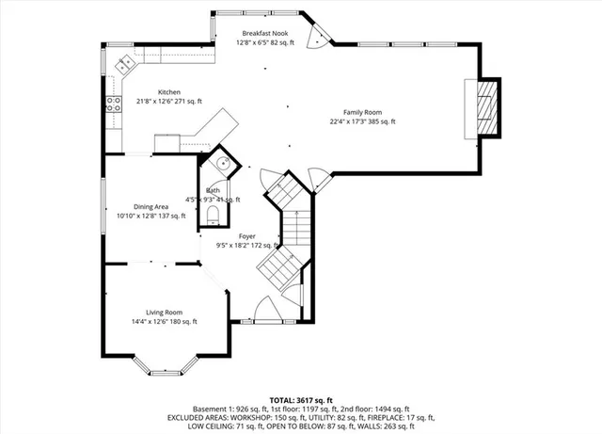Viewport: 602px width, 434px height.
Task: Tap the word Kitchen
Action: [156, 92]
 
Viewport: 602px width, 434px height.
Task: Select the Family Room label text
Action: [362, 111]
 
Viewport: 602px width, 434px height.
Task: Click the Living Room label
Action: [164, 312]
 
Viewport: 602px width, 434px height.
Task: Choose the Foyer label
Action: [246, 236]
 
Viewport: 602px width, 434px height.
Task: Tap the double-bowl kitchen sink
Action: [125, 65]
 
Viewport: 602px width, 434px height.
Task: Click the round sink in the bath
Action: [222, 163]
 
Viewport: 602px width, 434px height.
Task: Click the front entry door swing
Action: [266, 308]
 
